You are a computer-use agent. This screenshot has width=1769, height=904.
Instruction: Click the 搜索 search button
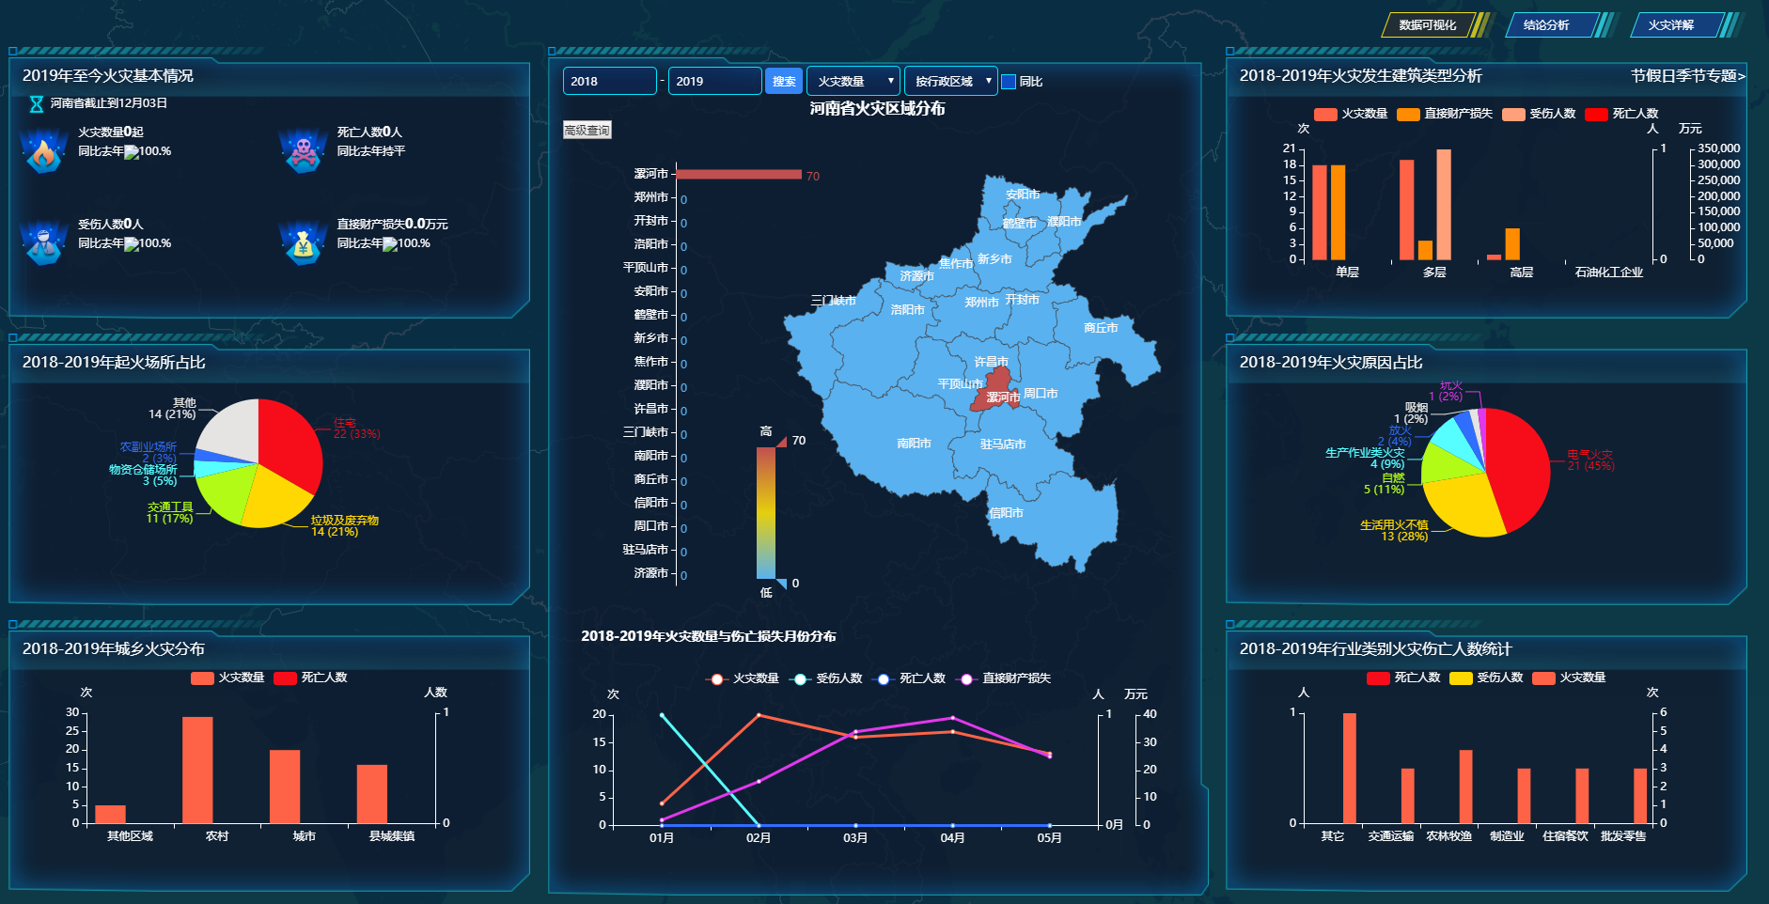pos(783,82)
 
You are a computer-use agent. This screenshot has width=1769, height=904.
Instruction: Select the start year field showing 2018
pos(609,82)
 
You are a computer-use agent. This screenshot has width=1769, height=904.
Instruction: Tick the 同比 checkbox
pos(1009,82)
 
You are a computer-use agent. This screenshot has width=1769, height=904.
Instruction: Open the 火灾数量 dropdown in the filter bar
pos(853,82)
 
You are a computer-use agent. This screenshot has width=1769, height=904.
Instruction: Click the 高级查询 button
pos(587,131)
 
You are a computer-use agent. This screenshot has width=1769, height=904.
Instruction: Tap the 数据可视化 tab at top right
pos(1427,25)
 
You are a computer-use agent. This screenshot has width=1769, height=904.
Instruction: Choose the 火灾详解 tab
pos(1670,25)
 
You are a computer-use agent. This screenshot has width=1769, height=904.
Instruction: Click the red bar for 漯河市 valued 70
pos(738,174)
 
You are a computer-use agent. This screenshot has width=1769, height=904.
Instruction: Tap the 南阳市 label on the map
pos(914,443)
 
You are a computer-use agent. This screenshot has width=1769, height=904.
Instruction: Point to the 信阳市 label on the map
pos(1006,513)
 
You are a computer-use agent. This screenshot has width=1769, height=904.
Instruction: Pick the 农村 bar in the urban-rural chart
pos(197,770)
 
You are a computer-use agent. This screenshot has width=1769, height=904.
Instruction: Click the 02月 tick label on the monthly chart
pos(759,837)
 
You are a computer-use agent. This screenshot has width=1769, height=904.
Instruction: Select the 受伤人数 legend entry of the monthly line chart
pos(828,678)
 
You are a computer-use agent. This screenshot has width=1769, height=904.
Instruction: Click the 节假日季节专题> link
pos(1687,76)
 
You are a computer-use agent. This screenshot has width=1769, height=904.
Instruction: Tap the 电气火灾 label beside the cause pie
pos(1589,455)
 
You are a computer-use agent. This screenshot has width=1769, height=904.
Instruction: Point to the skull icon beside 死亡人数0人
pos(302,150)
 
